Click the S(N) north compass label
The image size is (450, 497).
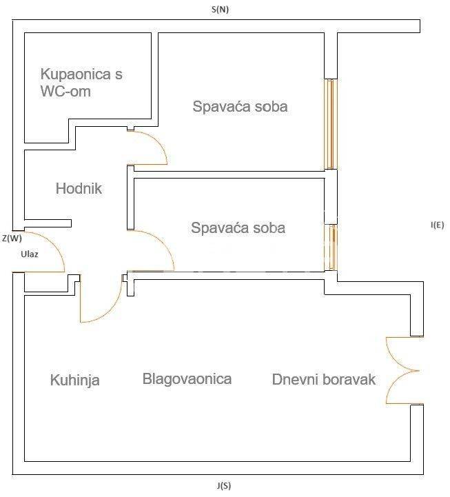coord(220,10)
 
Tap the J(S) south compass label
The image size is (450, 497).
coord(224,485)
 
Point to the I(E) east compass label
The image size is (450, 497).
coord(437,225)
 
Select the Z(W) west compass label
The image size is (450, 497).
coord(12,239)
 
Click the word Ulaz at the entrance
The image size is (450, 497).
coord(30,254)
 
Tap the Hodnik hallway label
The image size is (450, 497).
coord(79,188)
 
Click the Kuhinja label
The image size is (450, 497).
coord(75,380)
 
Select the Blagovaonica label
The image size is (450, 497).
coord(187,378)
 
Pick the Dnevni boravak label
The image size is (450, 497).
coord(324,379)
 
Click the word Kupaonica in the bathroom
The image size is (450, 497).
coord(75,74)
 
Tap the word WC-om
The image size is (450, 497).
coord(65,91)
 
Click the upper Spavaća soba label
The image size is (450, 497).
coord(240,106)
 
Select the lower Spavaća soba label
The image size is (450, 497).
coord(238,228)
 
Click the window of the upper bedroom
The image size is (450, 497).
coord(331,124)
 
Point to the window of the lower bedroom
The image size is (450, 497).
coord(331,247)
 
